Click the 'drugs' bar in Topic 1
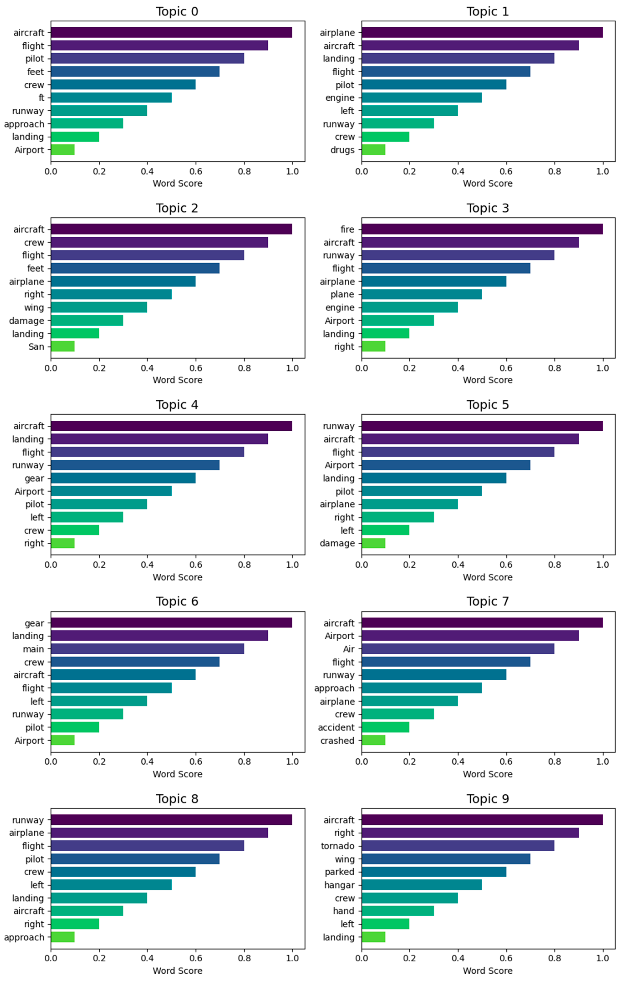pos(373,150)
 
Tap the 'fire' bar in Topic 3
pos(482,229)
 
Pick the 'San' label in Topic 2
pos(36,347)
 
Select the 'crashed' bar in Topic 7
pos(373,740)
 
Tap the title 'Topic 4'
pos(177,405)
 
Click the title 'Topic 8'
pos(177,798)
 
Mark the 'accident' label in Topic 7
pos(336,727)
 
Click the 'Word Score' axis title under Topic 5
pos(487,577)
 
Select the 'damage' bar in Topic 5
pos(373,543)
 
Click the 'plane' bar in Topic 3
pos(421,295)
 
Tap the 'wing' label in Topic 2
pos(34,308)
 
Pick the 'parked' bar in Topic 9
pos(434,872)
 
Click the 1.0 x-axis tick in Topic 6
pos(292,761)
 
